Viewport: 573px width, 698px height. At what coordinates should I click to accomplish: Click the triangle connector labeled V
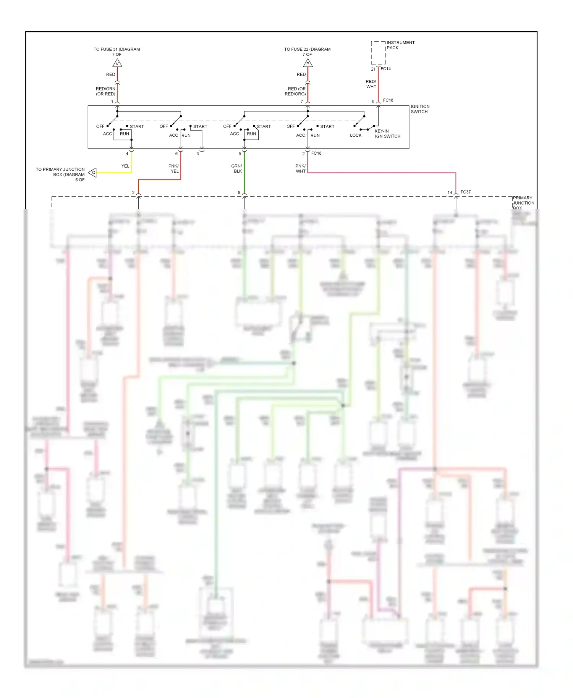[117, 63]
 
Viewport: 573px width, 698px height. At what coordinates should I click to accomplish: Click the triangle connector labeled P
[308, 63]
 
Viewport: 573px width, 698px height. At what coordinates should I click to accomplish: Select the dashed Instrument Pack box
[378, 53]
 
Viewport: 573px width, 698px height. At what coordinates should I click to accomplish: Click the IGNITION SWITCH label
[420, 109]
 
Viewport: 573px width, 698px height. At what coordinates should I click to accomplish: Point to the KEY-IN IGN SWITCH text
[387, 134]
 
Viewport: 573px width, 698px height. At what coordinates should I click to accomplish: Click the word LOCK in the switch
[356, 135]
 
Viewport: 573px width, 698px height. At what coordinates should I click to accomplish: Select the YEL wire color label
[125, 166]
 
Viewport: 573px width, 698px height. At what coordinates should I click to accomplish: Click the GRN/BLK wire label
[237, 168]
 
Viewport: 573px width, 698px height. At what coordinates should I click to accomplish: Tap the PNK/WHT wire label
[301, 168]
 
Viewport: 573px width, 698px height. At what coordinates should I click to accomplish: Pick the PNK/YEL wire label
[174, 168]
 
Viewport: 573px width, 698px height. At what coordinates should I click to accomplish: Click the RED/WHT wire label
[371, 84]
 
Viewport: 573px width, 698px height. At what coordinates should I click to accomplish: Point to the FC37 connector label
[466, 192]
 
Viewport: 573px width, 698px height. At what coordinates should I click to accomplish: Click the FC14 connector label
[385, 69]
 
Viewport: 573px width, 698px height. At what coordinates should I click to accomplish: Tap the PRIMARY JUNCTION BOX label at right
[523, 203]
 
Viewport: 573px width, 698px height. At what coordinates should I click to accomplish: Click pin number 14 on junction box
[450, 192]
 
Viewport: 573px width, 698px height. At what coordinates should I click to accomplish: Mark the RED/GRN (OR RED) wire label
[105, 91]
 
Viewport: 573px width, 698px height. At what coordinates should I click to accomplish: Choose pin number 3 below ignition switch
[197, 153]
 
